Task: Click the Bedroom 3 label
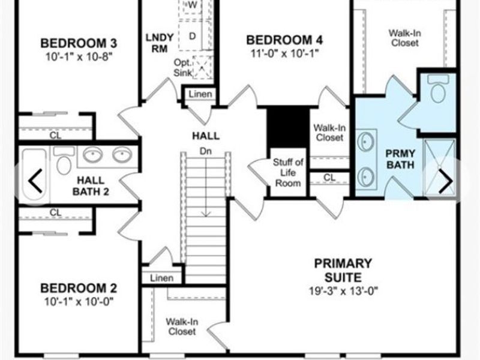(x=79, y=43)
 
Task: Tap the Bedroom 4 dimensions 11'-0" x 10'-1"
(x=284, y=53)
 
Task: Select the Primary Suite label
(x=343, y=271)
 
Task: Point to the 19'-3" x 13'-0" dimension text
(x=343, y=290)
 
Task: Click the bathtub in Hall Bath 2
(x=34, y=174)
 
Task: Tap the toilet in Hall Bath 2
(x=64, y=160)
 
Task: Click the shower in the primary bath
(x=439, y=168)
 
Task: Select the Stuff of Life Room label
(x=288, y=173)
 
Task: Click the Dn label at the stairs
(x=205, y=151)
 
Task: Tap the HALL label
(x=206, y=136)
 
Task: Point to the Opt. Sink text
(x=183, y=67)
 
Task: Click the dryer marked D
(x=192, y=36)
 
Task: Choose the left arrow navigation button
(x=35, y=181)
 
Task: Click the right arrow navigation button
(x=446, y=182)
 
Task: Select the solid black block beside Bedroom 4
(x=288, y=127)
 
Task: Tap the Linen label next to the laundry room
(x=200, y=94)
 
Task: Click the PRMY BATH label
(x=400, y=159)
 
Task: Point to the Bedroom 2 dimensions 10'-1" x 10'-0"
(x=79, y=302)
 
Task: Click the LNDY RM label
(x=160, y=43)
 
